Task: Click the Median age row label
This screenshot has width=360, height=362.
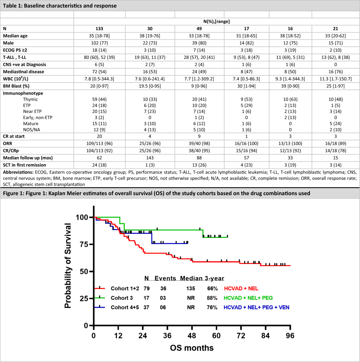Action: (x=16, y=36)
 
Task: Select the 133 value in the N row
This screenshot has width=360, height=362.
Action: (x=99, y=29)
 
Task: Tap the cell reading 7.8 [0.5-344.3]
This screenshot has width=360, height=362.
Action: (x=99, y=78)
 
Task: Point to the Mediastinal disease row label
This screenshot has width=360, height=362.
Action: (x=22, y=71)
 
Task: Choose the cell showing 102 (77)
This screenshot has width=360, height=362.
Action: (x=99, y=43)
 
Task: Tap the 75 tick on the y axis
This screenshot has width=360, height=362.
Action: (x=83, y=244)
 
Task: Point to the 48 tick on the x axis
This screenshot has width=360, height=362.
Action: (x=192, y=336)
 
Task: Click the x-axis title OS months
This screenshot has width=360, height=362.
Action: (x=192, y=348)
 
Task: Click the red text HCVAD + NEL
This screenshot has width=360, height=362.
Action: (x=241, y=288)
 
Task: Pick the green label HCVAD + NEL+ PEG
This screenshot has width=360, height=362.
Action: (x=248, y=298)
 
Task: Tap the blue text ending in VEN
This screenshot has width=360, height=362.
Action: (x=256, y=308)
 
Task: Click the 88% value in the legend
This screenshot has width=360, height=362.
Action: (x=212, y=298)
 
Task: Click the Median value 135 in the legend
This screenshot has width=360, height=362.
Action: (x=190, y=288)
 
